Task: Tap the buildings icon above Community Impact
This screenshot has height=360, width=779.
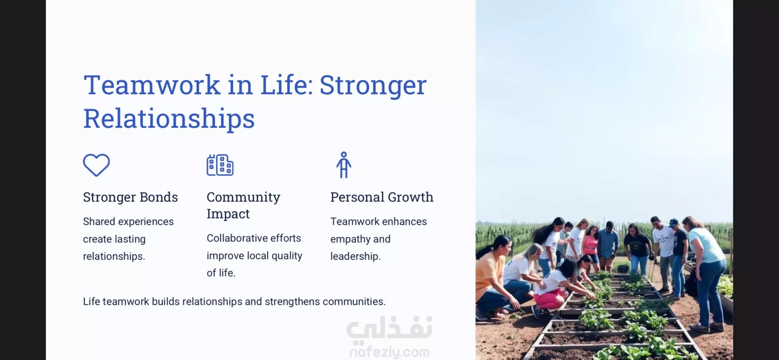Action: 220,165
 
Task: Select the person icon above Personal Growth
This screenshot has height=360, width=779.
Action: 344,165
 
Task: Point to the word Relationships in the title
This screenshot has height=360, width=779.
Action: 169,119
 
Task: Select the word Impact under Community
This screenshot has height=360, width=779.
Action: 228,214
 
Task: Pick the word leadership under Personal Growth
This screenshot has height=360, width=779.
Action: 355,257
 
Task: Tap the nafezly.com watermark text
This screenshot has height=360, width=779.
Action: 389,352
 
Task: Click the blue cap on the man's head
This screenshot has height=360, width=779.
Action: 674,222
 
